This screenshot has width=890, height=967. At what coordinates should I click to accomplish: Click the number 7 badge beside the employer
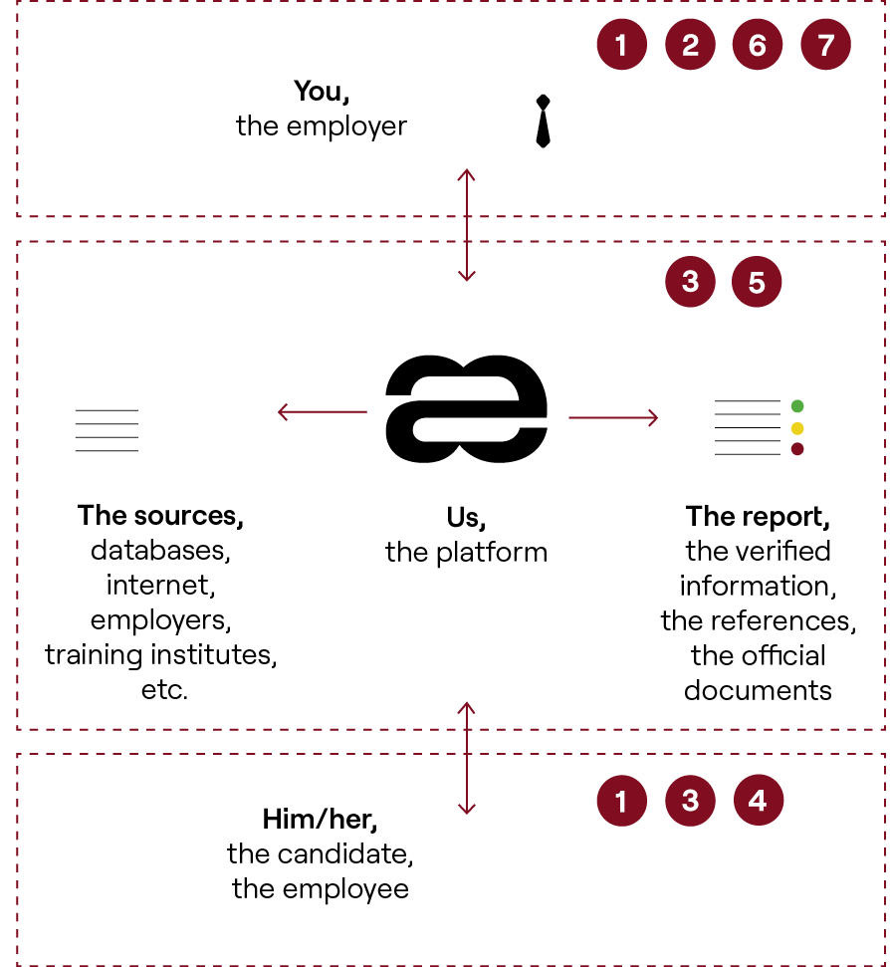825,45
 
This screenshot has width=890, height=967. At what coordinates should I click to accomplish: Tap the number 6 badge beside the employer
758,45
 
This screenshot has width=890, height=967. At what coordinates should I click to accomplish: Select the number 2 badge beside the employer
690,45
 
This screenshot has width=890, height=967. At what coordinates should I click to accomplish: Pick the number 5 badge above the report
757,283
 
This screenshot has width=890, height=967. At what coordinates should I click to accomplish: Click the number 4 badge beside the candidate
758,800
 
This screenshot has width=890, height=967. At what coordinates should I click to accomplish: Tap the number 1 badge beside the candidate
622,800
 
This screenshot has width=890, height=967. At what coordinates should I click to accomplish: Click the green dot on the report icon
796,406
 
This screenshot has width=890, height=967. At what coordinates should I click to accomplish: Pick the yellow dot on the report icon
796,428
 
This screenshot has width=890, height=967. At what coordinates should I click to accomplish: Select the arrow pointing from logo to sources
321,410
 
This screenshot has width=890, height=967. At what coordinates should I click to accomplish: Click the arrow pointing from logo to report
613,416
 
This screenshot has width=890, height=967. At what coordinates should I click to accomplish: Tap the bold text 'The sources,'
161,516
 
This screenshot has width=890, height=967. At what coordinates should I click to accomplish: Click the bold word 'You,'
321,92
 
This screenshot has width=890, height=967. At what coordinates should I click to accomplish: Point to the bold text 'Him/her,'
321,820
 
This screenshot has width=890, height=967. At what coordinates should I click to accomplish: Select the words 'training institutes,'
161,654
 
